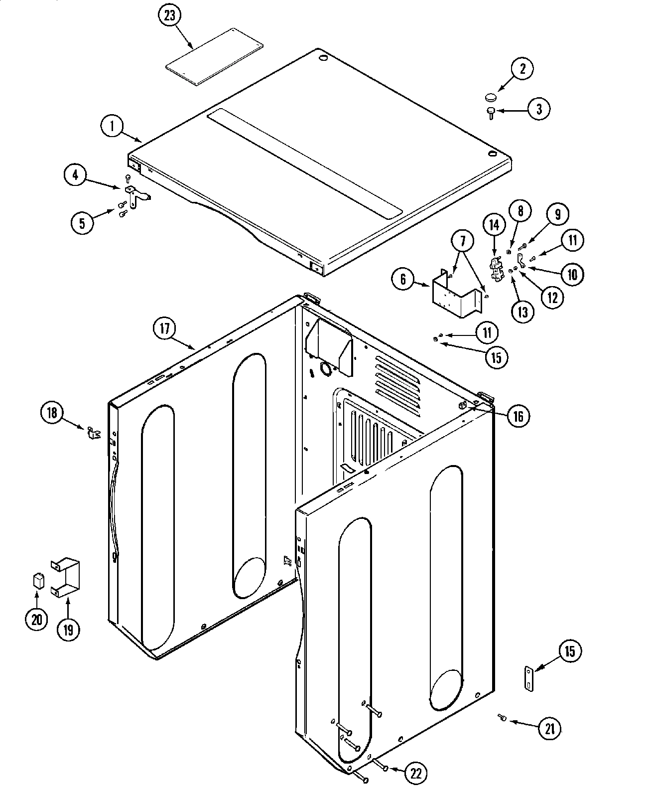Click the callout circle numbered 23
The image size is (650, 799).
click(170, 15)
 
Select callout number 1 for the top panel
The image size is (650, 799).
click(113, 126)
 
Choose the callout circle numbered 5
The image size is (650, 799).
click(82, 223)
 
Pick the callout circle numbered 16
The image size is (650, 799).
click(518, 416)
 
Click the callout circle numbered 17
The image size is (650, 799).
click(164, 328)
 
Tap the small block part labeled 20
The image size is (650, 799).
click(37, 581)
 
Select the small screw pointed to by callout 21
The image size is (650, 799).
click(502, 717)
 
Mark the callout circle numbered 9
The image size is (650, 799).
click(557, 214)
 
